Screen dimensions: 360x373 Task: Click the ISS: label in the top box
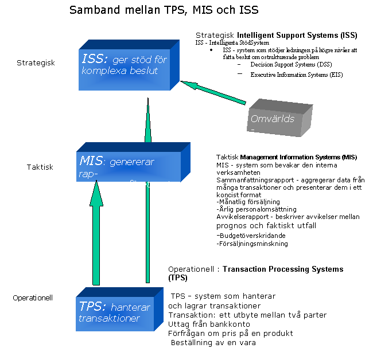point(95,58)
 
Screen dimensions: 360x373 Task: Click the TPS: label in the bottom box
point(92,306)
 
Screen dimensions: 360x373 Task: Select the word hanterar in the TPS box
point(131,307)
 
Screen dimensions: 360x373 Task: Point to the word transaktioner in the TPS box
point(109,319)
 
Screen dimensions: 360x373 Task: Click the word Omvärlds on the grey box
point(273,119)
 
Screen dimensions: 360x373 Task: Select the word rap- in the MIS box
point(86,174)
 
